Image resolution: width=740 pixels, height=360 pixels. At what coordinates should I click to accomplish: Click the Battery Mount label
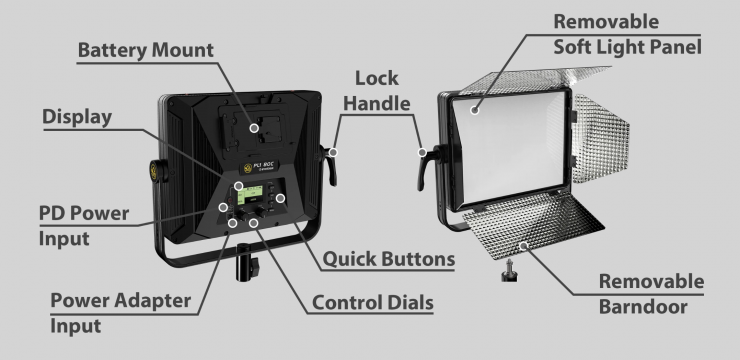click(145, 50)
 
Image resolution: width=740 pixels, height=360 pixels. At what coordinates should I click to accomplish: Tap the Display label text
click(77, 117)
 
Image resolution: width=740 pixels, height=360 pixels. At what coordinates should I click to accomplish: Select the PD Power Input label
click(84, 226)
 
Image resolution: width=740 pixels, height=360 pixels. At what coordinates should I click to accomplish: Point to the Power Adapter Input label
click(120, 313)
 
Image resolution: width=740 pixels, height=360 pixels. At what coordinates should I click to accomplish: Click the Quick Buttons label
click(388, 259)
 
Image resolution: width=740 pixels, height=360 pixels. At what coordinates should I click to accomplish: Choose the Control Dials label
click(373, 302)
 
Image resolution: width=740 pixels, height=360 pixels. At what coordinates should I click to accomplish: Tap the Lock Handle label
click(377, 91)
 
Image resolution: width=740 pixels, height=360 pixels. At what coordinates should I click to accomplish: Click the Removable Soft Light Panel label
click(627, 34)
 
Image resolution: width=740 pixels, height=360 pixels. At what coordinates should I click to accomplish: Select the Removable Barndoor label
click(651, 294)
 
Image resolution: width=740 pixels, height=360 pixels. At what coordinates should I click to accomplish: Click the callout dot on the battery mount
click(254, 128)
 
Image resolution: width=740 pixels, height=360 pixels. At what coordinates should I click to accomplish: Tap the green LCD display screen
click(250, 194)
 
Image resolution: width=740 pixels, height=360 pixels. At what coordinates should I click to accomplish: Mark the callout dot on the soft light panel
click(475, 110)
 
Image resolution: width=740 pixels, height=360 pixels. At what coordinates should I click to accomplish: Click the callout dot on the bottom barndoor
click(523, 246)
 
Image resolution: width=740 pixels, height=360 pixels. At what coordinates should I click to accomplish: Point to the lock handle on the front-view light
click(426, 166)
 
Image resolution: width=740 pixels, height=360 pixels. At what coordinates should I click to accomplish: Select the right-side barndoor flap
click(600, 137)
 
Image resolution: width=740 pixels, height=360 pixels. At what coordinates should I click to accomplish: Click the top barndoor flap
click(533, 78)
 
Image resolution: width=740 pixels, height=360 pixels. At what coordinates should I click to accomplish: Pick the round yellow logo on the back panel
click(248, 168)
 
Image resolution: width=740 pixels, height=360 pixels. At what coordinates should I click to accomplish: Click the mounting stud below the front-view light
click(509, 271)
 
